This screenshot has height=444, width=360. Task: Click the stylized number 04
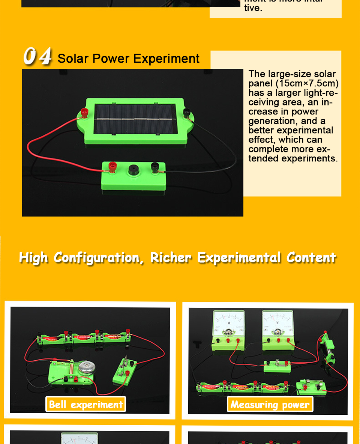37,56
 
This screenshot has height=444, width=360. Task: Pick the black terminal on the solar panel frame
186,112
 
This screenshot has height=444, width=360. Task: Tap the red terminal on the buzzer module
112,166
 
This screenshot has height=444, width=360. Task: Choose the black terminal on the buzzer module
154,167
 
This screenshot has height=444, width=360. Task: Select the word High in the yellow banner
34,258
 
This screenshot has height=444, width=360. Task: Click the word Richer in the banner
171,258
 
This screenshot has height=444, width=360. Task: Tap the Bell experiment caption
86,405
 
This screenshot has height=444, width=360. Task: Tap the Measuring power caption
270,405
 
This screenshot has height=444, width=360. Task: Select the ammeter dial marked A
229,323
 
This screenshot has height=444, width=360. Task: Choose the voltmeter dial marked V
277,322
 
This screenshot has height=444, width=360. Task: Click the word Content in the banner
311,258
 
